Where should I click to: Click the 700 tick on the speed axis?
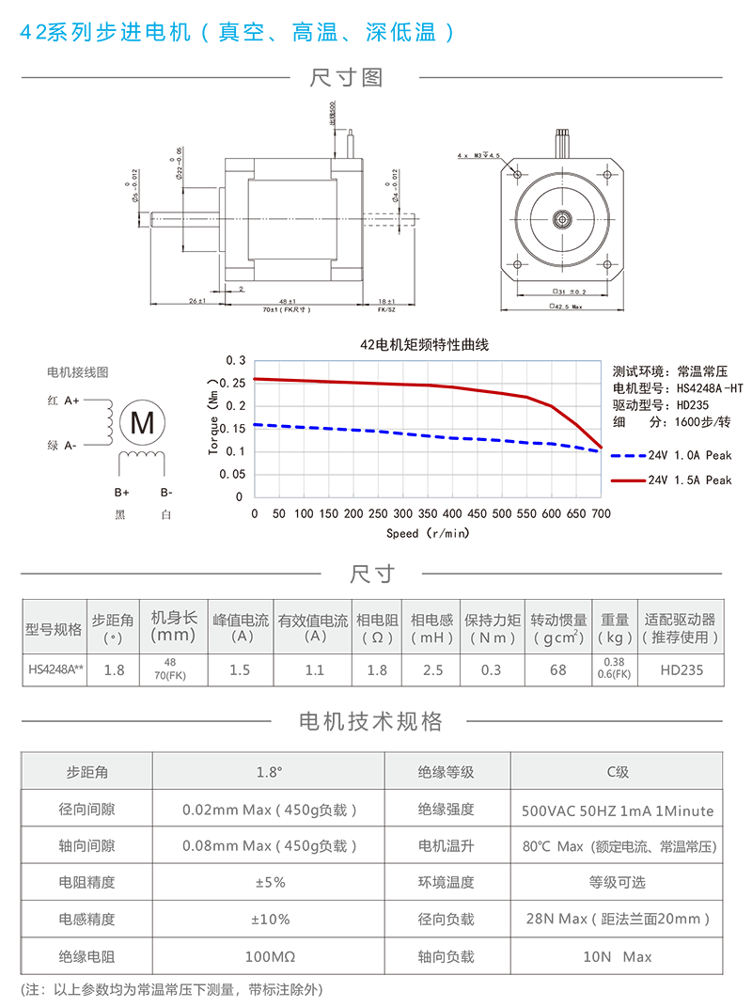point(601,514)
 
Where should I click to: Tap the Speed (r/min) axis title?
point(428,533)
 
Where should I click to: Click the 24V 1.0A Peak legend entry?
point(689,455)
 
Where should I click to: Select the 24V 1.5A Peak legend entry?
point(689,480)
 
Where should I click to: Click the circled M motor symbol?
point(143,423)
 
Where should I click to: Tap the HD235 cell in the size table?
point(681,669)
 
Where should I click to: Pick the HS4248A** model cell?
point(55,669)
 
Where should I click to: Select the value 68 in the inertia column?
point(558,669)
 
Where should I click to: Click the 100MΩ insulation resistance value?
point(268,956)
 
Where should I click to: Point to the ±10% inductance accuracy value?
point(268,920)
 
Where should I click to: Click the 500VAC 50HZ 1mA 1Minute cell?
point(617,810)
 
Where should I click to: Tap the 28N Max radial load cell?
point(617,920)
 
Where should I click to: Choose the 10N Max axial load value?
point(617,956)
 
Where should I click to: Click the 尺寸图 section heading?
point(347,78)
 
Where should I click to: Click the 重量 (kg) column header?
point(615,628)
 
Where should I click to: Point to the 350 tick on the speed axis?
point(428,514)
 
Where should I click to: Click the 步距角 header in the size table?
point(113,628)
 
